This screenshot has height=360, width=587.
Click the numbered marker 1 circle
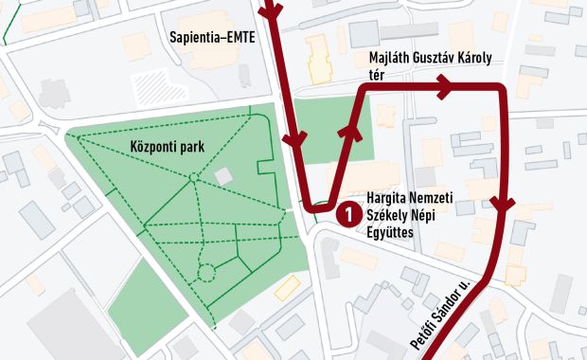click(347, 215)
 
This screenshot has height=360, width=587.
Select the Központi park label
click(169, 147)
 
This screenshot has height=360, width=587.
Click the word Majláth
click(391, 59)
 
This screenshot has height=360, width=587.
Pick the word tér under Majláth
click(376, 77)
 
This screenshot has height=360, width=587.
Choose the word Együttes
click(392, 232)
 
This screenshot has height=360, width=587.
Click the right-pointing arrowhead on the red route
click(442, 88)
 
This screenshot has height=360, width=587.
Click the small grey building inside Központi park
click(223, 176)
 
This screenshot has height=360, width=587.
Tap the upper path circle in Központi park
click(193, 177)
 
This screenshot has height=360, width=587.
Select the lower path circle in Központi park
click(206, 273)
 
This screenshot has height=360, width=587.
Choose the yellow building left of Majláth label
click(320, 59)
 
